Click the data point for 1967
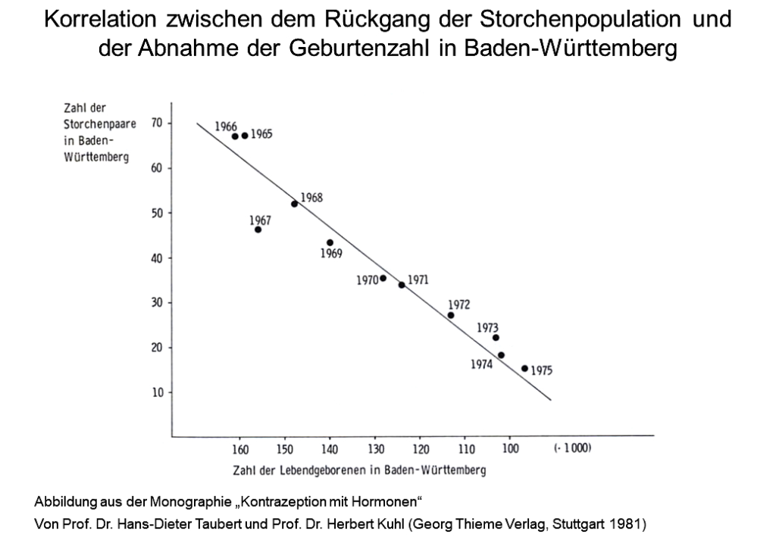(258, 229)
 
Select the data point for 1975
(524, 368)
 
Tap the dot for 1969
(330, 243)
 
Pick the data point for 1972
(451, 316)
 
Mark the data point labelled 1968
(295, 204)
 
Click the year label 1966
(226, 126)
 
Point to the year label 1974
(481, 364)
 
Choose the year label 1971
(418, 280)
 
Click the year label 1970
(368, 280)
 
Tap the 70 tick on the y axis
(157, 123)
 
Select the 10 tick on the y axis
(158, 392)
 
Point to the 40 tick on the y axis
(157, 258)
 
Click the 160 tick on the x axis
(240, 449)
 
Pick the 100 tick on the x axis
(511, 448)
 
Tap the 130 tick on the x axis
(376, 449)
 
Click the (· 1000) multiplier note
(573, 448)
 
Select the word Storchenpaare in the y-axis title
(100, 124)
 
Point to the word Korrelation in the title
(101, 19)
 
